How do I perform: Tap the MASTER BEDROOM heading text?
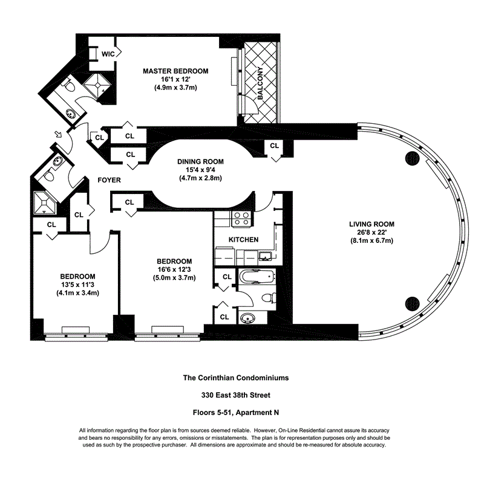[175, 71]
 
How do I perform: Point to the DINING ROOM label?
[200, 161]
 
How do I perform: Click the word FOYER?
[109, 180]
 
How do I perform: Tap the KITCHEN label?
[243, 240]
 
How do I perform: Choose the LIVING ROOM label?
[371, 224]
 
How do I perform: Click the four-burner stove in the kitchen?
[241, 218]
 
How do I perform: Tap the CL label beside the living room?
[275, 146]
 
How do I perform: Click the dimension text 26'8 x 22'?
[371, 233]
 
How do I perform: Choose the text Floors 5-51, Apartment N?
[236, 414]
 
